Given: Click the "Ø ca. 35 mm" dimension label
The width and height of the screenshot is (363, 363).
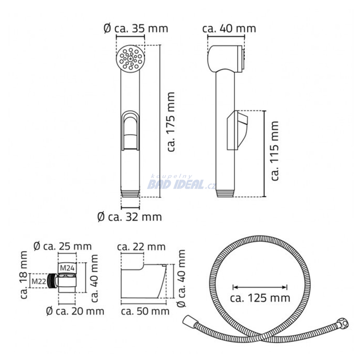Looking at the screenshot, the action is pos(136,29).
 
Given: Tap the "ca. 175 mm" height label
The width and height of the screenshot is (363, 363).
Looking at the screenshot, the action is pos(171,122).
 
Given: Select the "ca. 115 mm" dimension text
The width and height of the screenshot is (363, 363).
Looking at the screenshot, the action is pos(275,151).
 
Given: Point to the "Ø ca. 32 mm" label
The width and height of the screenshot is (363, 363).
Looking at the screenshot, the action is pos(130,217).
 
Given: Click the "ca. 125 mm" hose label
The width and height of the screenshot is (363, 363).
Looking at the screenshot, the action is pos(260,298).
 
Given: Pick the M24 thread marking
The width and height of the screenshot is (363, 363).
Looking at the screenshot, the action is pos(67,268).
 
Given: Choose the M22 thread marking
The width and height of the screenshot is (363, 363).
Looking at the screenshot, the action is pos(39,281).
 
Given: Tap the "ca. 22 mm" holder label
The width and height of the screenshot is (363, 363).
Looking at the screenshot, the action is pos(141,247).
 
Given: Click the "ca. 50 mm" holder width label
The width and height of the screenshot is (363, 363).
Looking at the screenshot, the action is pos(145,311).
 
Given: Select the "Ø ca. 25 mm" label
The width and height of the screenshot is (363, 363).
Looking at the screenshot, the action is pos(62,246).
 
